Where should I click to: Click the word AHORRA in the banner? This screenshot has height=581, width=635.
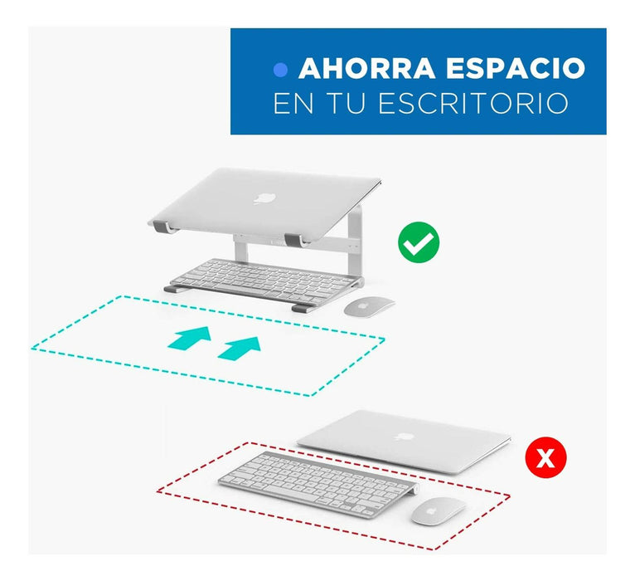(x=367, y=68)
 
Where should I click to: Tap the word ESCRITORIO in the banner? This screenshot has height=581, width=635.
(x=473, y=104)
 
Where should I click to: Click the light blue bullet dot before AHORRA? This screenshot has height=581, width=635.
(x=280, y=71)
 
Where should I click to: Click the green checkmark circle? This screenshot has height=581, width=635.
(x=419, y=242)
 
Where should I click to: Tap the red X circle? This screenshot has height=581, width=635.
(x=545, y=457)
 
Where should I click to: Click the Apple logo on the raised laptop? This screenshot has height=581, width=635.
(x=264, y=198)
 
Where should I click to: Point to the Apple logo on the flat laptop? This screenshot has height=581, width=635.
(x=404, y=437)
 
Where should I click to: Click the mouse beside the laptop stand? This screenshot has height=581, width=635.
(x=369, y=306)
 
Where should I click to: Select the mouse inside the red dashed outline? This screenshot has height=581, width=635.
(x=439, y=510)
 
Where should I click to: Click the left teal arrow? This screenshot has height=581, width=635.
(x=190, y=338)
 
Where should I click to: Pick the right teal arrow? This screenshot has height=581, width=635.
(x=239, y=348)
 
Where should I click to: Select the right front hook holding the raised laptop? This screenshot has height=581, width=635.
(x=297, y=240)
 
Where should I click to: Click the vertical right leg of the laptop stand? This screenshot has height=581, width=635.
(x=355, y=243)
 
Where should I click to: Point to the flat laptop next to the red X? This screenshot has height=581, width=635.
(x=404, y=442)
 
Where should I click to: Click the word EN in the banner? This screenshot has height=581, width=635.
(x=293, y=104)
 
